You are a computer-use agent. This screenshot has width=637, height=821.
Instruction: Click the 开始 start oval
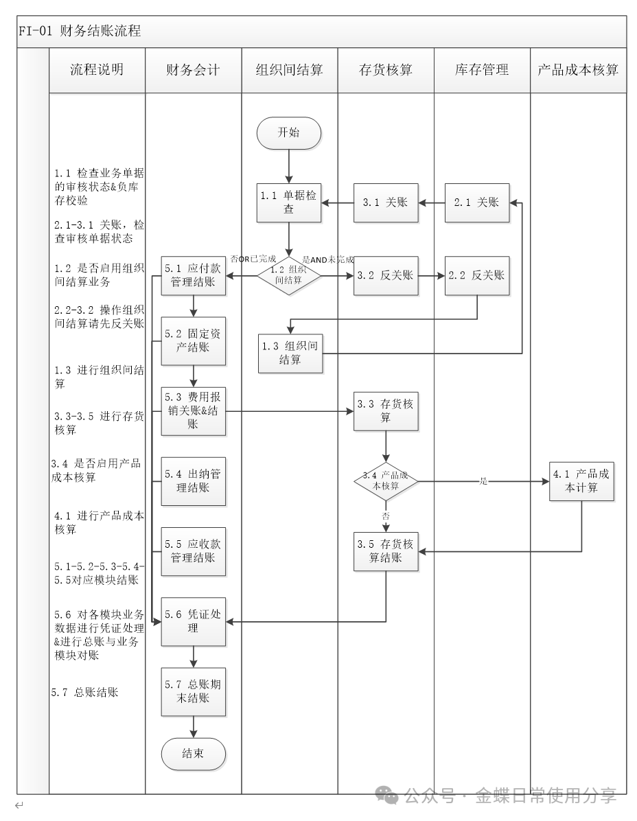(x=288, y=133)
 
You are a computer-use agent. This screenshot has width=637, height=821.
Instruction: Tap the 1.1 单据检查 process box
(x=289, y=203)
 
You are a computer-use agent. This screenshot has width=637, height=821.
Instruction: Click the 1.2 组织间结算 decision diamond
(x=289, y=275)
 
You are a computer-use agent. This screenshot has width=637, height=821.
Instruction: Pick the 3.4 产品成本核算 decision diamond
(x=386, y=481)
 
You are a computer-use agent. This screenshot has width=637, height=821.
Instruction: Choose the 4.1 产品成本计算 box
(x=583, y=481)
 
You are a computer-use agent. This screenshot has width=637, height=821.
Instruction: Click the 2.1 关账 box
(x=477, y=203)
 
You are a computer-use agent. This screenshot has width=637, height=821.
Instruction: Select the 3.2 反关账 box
(x=386, y=275)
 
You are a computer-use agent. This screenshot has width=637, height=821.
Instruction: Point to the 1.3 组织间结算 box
(x=290, y=353)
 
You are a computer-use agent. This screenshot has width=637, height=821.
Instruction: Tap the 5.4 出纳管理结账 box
(x=193, y=481)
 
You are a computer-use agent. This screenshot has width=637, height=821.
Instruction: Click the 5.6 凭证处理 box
(x=193, y=621)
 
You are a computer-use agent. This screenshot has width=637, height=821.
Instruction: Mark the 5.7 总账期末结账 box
(x=193, y=692)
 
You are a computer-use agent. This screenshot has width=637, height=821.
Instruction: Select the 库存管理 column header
(x=482, y=69)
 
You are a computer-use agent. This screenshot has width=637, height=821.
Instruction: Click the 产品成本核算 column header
(x=578, y=69)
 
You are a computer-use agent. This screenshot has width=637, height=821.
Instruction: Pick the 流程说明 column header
(x=97, y=69)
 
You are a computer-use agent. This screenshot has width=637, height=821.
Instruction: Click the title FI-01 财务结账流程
(x=80, y=31)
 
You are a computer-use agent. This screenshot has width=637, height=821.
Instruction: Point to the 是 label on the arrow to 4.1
(x=483, y=481)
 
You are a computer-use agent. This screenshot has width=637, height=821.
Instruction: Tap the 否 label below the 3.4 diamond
(x=386, y=514)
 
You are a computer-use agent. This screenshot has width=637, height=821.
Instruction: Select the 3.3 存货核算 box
(x=386, y=411)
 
